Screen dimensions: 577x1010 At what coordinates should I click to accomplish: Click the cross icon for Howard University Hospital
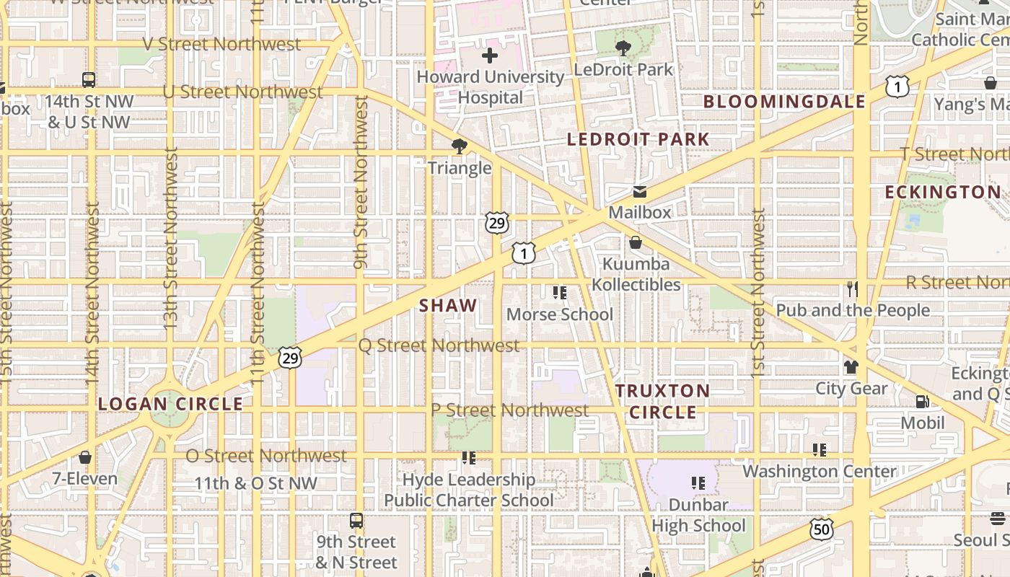tap(490, 56)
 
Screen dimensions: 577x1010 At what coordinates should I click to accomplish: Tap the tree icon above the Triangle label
tap(459, 147)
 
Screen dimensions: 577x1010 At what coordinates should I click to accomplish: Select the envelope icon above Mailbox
tap(639, 192)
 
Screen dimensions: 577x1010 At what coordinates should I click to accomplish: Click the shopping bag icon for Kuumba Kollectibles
tap(636, 242)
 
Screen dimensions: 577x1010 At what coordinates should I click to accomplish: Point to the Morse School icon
tap(560, 293)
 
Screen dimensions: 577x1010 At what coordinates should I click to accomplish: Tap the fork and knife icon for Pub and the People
tap(853, 289)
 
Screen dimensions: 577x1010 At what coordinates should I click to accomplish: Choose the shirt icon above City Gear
tap(851, 367)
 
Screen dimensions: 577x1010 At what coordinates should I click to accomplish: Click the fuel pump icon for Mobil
tap(922, 402)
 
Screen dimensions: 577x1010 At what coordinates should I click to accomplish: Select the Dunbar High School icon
tap(698, 483)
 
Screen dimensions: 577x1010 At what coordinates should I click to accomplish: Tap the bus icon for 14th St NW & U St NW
tap(89, 80)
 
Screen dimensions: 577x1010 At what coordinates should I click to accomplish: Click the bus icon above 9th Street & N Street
tap(356, 521)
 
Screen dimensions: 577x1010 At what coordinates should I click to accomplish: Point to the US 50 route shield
tap(822, 529)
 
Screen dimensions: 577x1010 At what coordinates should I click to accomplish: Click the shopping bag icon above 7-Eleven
tap(85, 457)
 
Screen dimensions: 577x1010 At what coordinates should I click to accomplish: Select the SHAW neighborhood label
tap(448, 306)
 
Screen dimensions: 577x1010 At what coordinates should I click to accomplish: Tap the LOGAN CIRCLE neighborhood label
tap(171, 404)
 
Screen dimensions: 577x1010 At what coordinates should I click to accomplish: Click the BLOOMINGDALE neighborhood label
tap(784, 102)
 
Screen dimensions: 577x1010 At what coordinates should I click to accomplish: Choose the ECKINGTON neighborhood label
tap(943, 192)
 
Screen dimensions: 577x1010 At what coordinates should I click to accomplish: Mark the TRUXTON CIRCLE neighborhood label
tap(662, 402)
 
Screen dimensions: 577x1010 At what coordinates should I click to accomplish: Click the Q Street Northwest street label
tap(439, 345)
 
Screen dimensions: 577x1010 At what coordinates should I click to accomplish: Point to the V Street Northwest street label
tap(221, 44)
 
